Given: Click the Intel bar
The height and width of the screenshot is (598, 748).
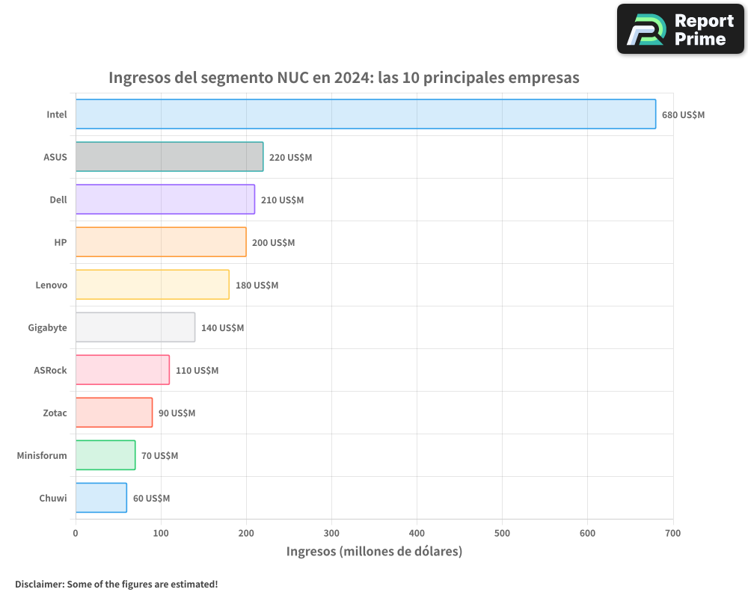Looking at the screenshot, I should [365, 114].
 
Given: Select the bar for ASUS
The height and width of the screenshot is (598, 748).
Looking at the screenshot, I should [169, 157].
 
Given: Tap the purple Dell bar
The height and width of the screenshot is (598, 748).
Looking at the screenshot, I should [165, 200].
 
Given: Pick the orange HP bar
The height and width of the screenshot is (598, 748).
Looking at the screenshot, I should [161, 242].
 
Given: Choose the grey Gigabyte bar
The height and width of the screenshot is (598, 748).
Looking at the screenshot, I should [135, 327].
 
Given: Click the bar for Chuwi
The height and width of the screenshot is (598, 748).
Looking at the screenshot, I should [101, 498].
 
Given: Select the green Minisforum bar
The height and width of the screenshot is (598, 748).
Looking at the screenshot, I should [105, 455].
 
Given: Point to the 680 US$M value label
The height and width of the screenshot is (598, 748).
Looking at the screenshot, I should [683, 115].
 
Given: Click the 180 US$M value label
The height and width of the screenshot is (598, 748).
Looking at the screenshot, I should [257, 286].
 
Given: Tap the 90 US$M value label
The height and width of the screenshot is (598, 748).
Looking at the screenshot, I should [177, 413].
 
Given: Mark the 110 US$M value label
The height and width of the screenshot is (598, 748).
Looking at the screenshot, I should [197, 371].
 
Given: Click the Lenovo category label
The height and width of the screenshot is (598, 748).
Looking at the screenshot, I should [51, 286].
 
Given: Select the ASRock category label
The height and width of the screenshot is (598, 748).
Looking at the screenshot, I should [50, 371].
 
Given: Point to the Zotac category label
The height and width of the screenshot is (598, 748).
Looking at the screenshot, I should [55, 413].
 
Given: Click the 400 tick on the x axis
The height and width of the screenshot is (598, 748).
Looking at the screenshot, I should [417, 533].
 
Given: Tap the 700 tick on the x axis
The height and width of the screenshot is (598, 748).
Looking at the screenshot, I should [672, 533].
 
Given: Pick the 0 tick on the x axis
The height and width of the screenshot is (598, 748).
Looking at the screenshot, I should [76, 533].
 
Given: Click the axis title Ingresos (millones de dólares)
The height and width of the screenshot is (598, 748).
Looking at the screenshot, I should [374, 552].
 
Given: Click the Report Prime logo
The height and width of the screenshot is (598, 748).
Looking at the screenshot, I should [680, 29].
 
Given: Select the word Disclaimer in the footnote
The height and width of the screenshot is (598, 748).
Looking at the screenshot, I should [38, 584].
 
